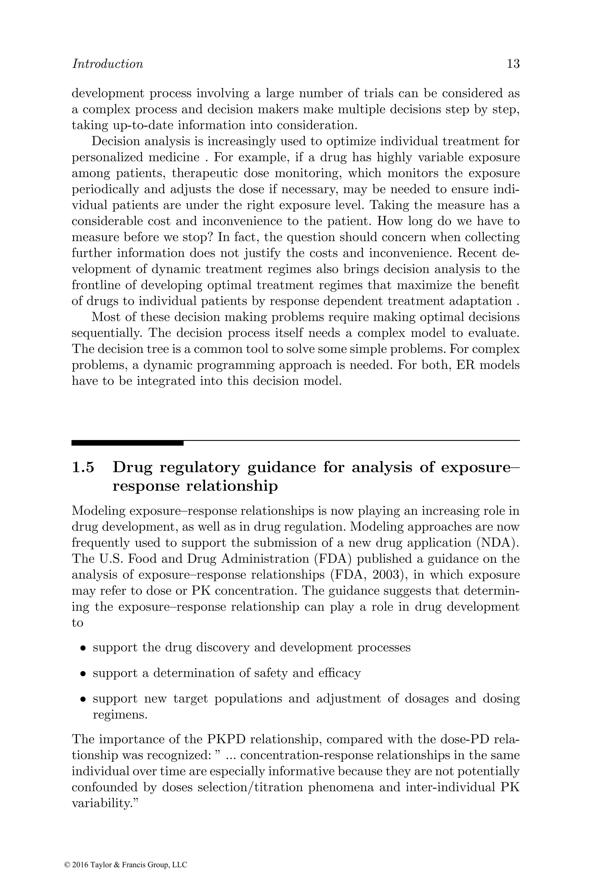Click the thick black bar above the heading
coord(127,443)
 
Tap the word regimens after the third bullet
coord(120,714)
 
